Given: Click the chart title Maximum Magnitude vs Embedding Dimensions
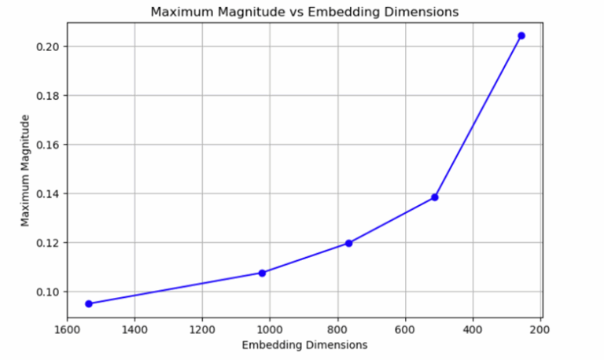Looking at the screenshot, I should [x=304, y=12].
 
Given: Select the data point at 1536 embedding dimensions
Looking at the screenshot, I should [x=89, y=303].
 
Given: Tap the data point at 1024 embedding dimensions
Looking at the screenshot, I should [x=262, y=273].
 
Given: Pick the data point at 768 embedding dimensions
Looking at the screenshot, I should [x=348, y=243].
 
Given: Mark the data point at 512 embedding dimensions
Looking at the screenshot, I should [x=435, y=197].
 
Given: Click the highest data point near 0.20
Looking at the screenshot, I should [x=521, y=35].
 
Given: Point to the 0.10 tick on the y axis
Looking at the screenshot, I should [x=46, y=292].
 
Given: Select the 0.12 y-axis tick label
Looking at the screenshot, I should [x=46, y=243].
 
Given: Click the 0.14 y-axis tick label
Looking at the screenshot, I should [x=46, y=193].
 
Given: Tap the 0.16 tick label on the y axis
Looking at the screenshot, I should [x=46, y=145].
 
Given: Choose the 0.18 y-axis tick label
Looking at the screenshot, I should [x=46, y=96].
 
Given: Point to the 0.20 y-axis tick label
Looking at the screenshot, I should [x=46, y=47].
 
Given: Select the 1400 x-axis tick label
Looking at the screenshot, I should [x=134, y=329].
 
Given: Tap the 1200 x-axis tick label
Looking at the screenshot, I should [x=202, y=329].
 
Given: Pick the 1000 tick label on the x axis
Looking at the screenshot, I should [x=270, y=329].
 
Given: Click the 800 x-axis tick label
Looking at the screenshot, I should [x=337, y=329].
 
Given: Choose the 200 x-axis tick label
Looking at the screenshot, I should [x=540, y=329].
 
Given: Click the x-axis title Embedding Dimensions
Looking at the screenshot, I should [x=304, y=345].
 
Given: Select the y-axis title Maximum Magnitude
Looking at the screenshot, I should [x=26, y=170].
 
